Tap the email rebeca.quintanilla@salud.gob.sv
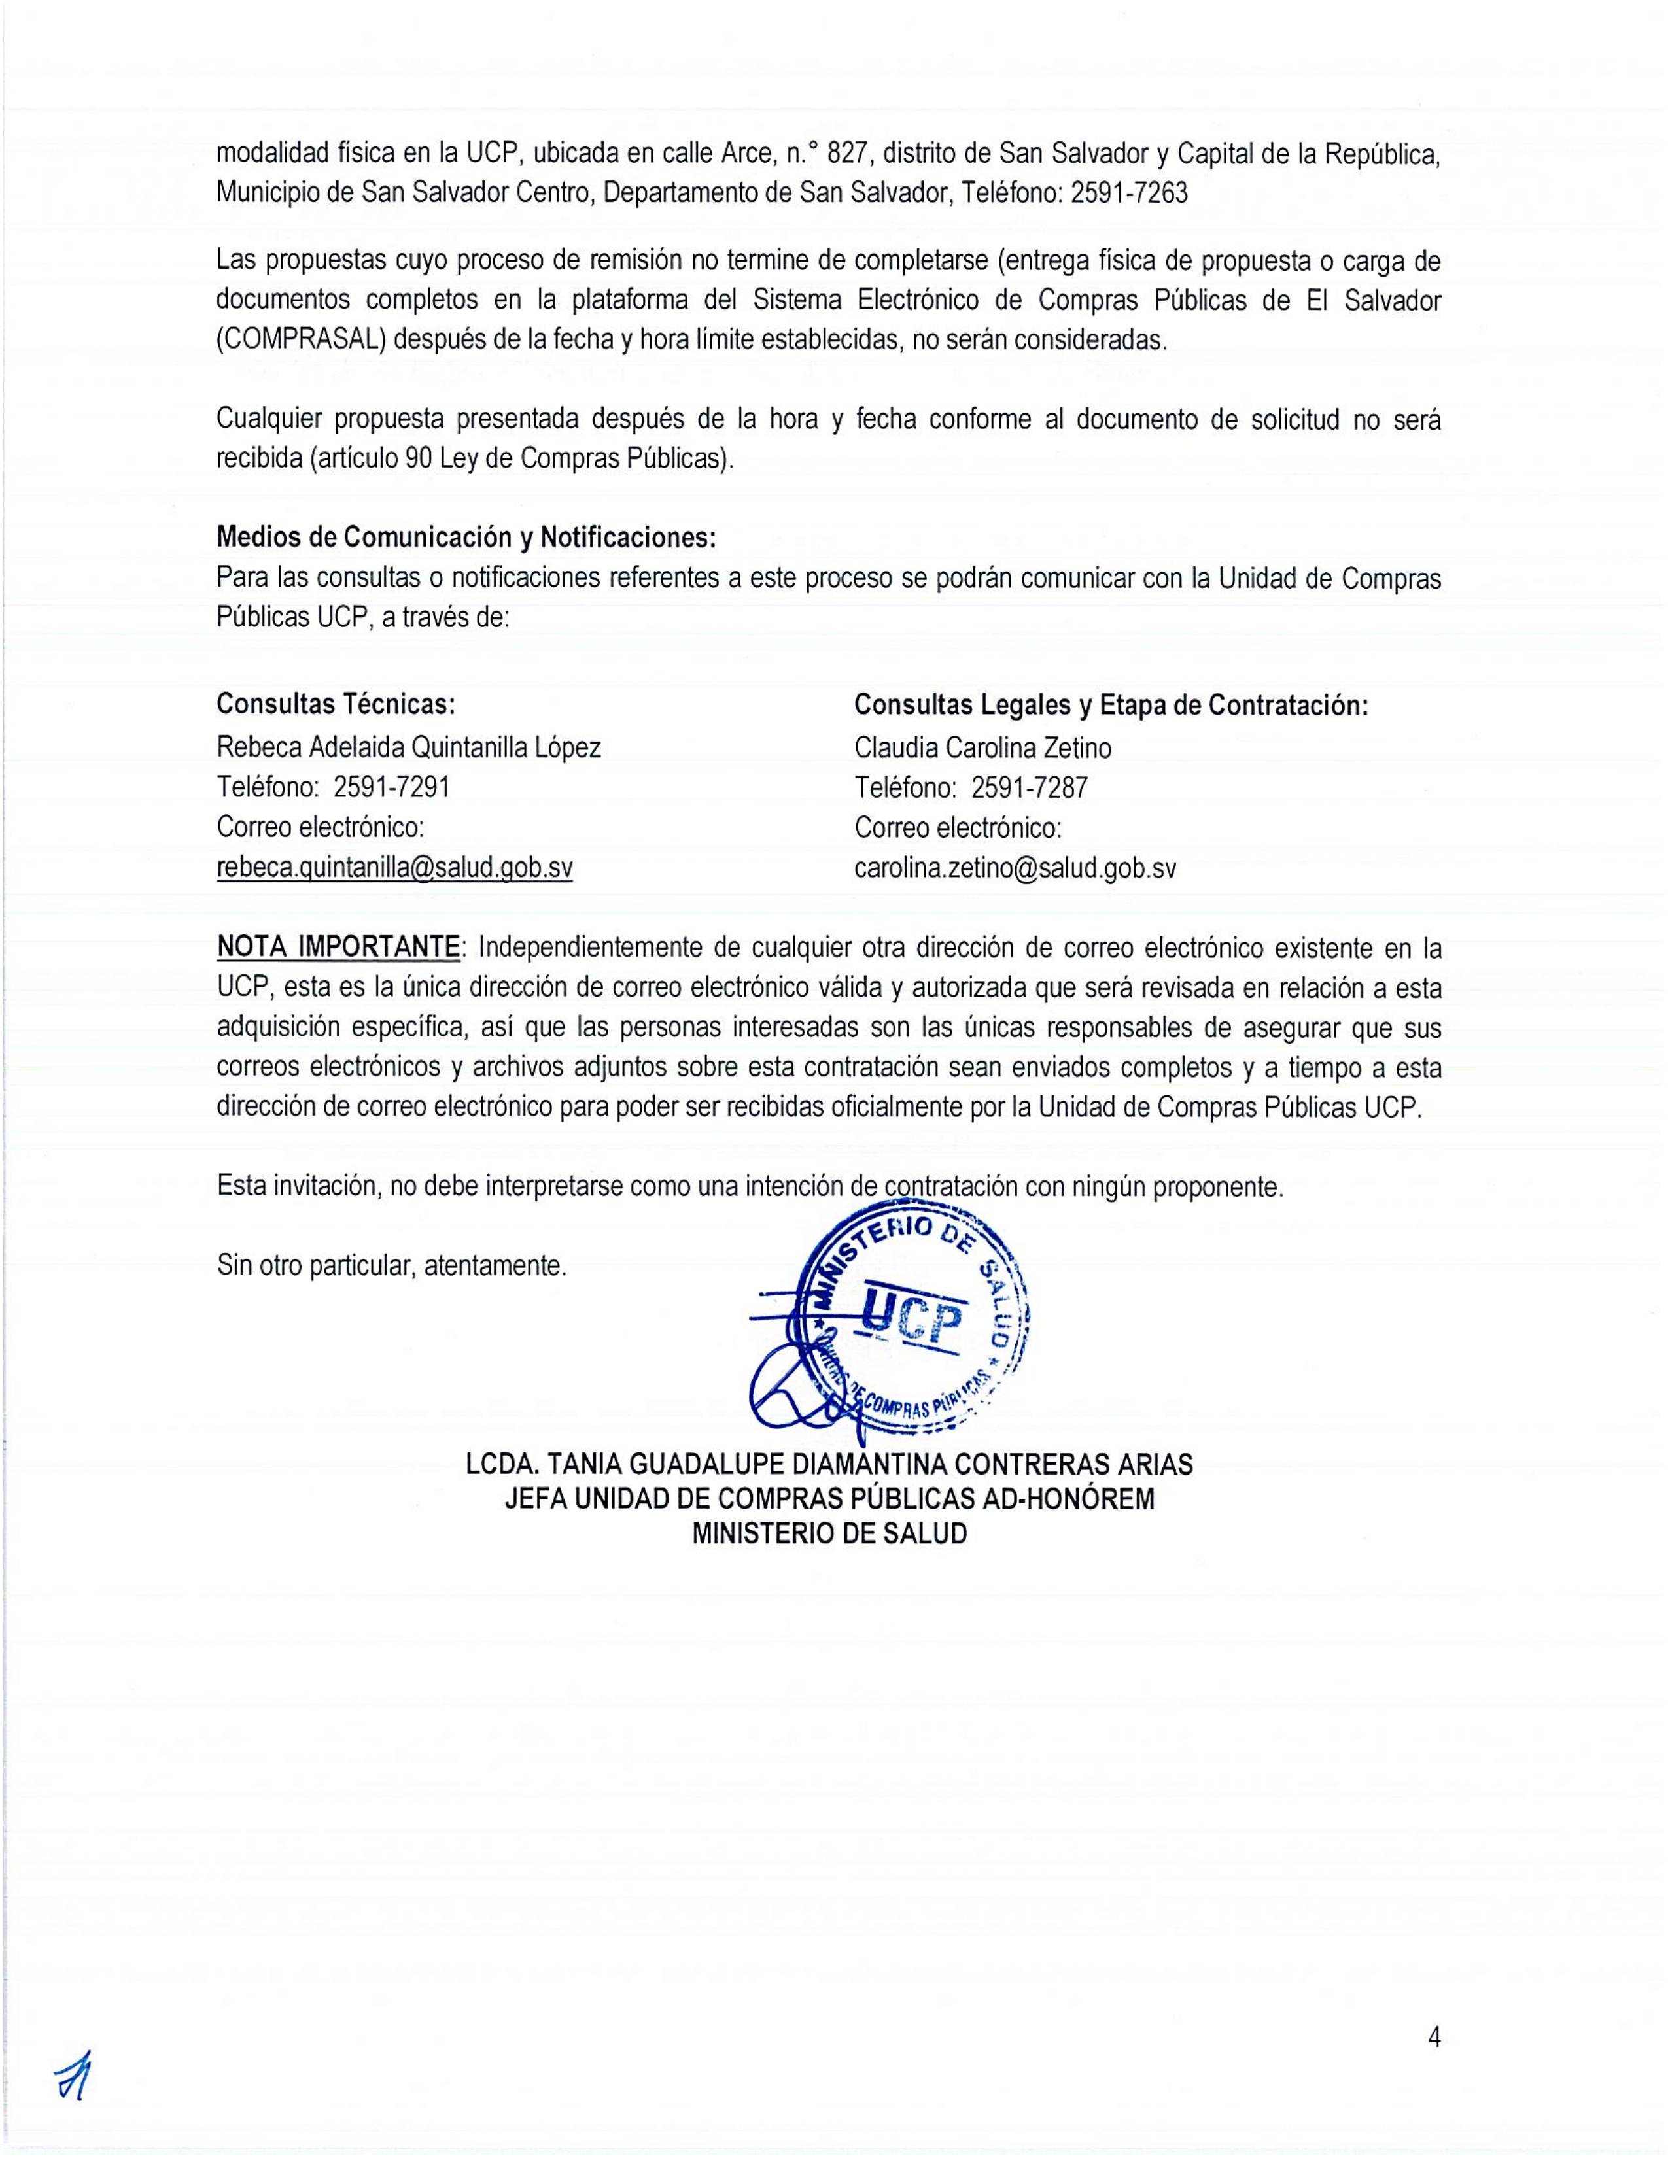(394, 868)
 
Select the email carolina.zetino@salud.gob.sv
(1015, 868)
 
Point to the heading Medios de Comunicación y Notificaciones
(466, 538)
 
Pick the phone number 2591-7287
(1030, 787)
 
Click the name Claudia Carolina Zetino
(982, 748)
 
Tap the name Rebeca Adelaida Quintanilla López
(408, 748)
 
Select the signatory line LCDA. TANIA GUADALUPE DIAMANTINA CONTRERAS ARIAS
(829, 1464)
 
